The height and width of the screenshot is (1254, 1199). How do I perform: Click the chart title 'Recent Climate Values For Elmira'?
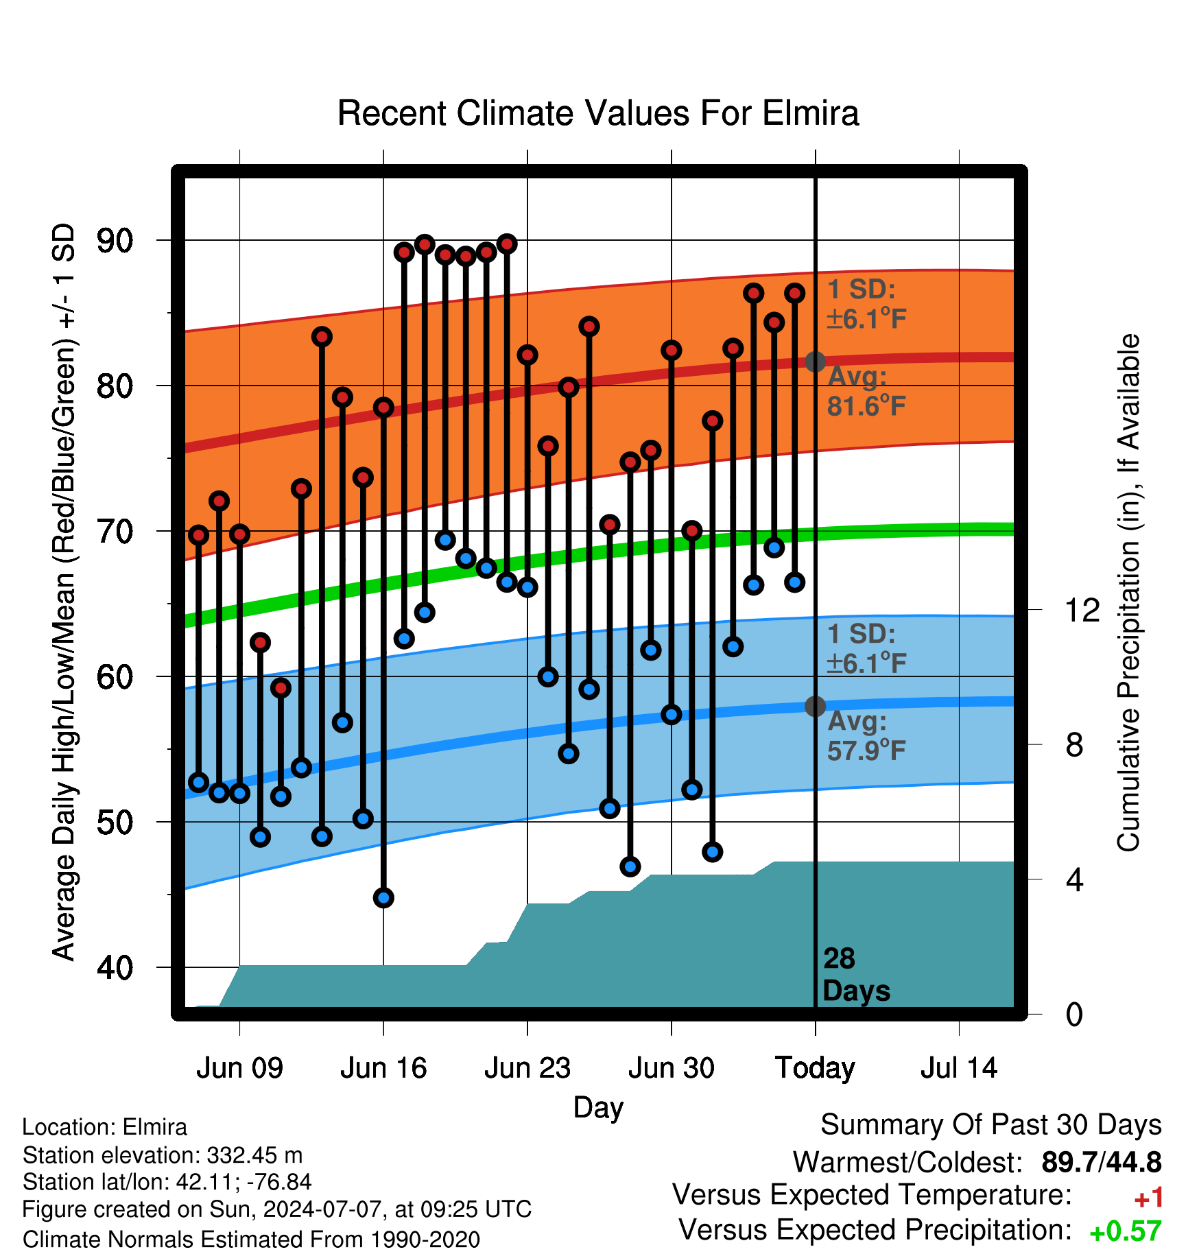point(598,113)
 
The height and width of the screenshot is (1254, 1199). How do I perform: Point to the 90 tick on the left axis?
point(115,241)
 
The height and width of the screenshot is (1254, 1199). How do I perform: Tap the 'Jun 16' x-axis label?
point(383,1068)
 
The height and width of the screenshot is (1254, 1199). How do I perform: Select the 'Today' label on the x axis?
point(815,1069)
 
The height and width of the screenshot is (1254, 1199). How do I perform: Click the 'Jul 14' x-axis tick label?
point(959,1068)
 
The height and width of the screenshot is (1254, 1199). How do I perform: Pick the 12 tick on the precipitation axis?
point(1082,610)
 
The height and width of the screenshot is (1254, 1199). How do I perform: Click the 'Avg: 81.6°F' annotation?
point(867,392)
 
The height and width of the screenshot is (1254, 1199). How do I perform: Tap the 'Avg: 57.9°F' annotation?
point(867,736)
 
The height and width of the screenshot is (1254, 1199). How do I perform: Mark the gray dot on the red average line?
point(815,362)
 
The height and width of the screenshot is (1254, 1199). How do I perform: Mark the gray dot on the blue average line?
point(815,706)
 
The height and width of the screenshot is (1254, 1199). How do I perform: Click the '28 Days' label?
point(856,975)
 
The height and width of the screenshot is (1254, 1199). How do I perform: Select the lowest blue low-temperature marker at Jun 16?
point(383,897)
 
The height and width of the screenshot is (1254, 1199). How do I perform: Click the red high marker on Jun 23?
point(527,355)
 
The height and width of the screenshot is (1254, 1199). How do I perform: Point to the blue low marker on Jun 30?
point(672,714)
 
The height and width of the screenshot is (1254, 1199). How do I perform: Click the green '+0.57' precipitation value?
point(1126,1231)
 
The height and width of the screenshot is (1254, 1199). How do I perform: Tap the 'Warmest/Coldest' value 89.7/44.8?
point(1102,1162)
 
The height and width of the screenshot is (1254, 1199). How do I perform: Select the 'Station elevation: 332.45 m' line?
point(163,1155)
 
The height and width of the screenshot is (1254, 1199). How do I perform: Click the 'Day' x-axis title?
point(599,1108)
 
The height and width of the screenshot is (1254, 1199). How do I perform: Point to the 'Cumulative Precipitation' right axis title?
point(1128,593)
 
